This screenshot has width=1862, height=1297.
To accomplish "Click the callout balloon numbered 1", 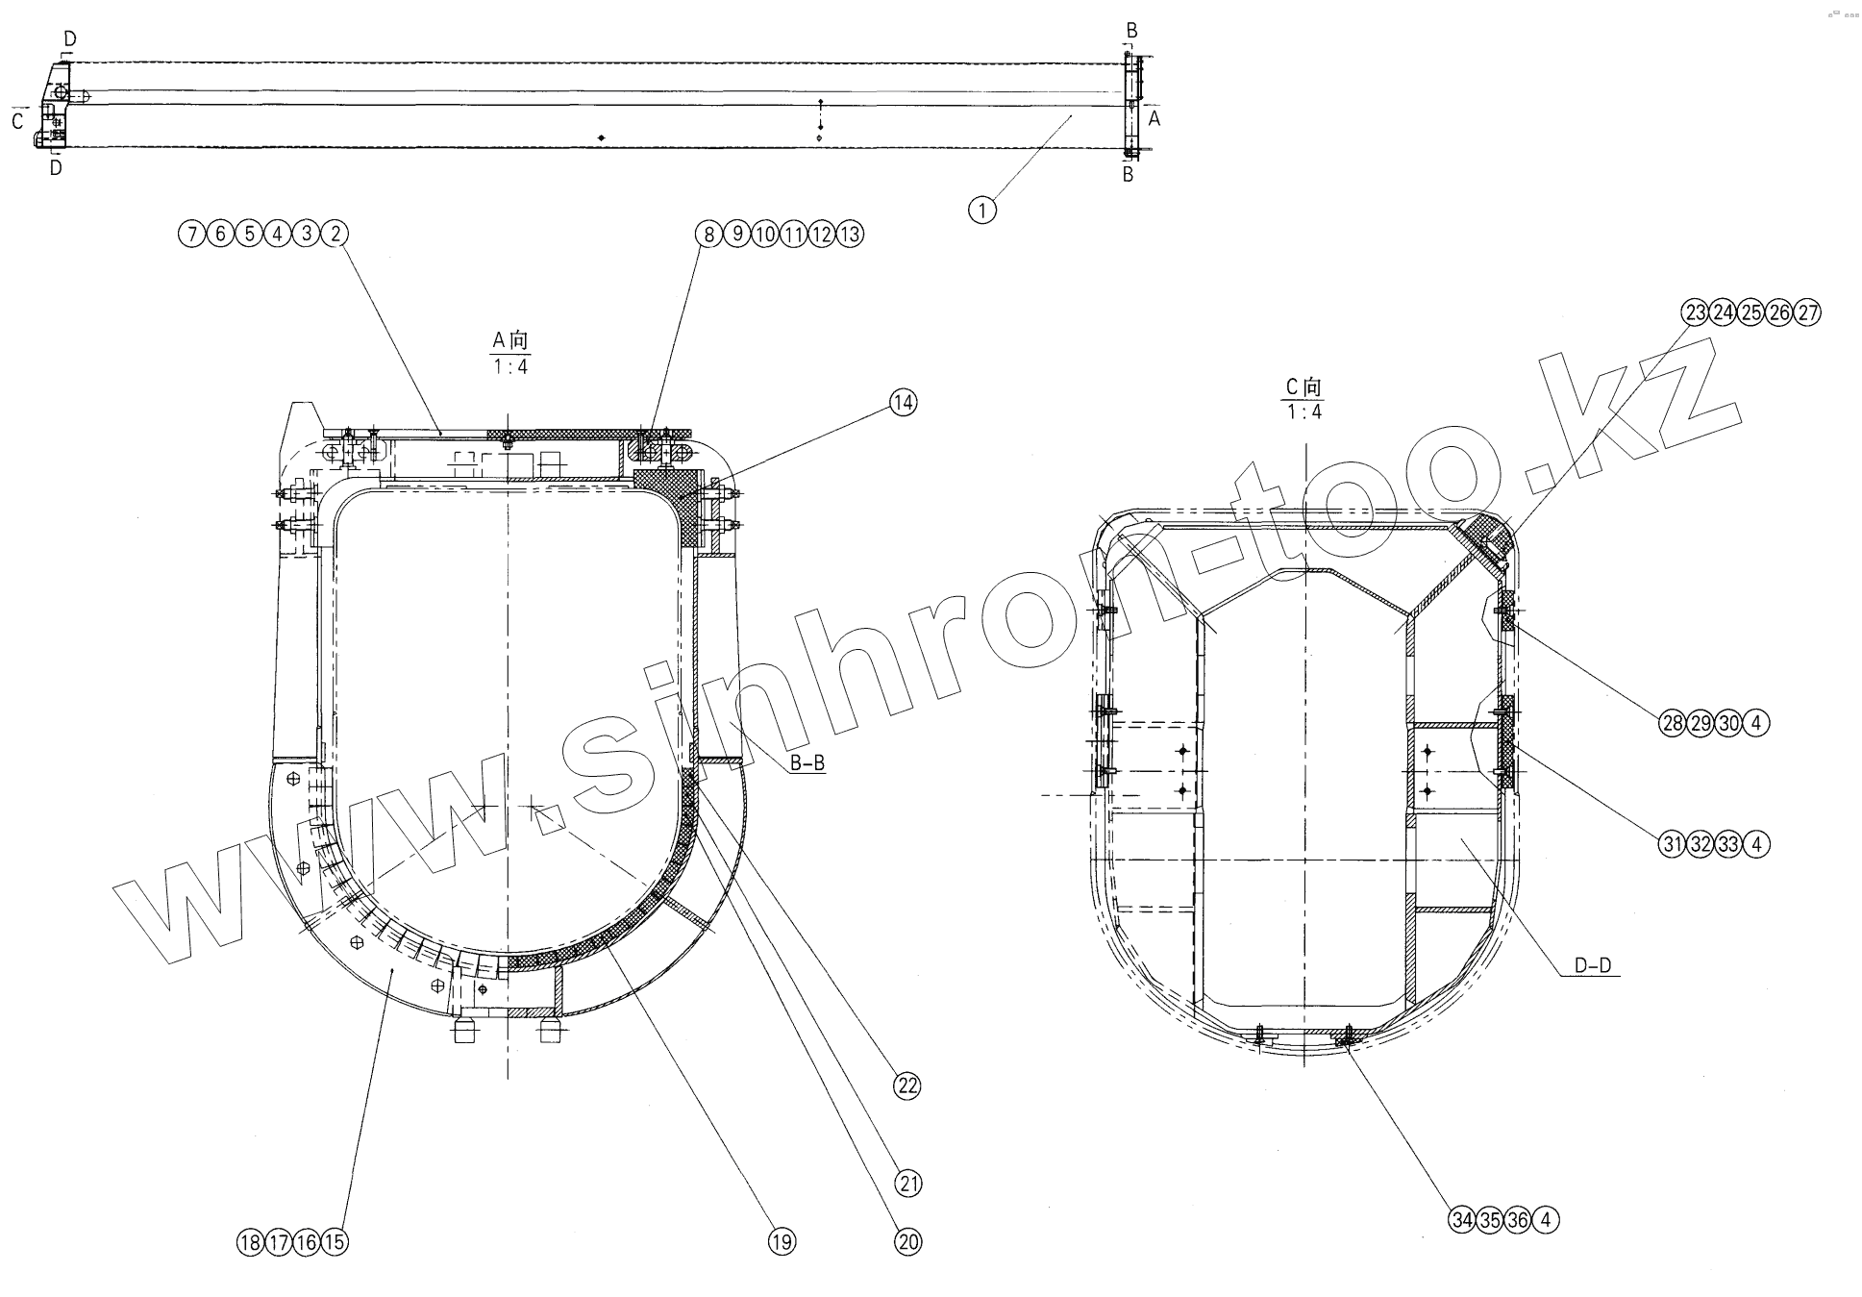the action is click(x=981, y=210).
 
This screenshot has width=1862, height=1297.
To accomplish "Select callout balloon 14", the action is click(x=903, y=403).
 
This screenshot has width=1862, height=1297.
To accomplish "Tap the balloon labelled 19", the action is click(x=782, y=1242).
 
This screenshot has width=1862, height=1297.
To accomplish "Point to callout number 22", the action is click(x=906, y=1086).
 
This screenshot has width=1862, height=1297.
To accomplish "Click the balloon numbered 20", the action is click(x=907, y=1242).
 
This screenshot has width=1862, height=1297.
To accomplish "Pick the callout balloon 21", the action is click(x=907, y=1184).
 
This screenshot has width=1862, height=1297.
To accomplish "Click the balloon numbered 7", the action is click(x=192, y=234).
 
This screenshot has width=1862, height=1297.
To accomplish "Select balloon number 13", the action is click(x=850, y=234).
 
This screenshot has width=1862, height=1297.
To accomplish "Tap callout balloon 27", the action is click(x=1807, y=312).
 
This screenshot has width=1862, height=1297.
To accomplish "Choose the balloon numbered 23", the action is click(x=1695, y=312).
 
